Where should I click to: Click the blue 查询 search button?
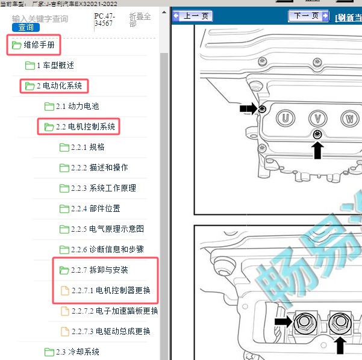click(x=25, y=27)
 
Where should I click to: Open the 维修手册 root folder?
click(x=42, y=45)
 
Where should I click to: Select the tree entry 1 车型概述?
click(x=55, y=66)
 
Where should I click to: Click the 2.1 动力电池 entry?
click(x=77, y=107)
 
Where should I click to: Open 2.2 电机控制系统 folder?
click(x=84, y=127)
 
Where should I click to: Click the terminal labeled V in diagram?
click(x=317, y=117)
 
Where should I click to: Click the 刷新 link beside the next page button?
click(x=348, y=17)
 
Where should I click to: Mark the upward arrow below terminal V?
click(x=317, y=149)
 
